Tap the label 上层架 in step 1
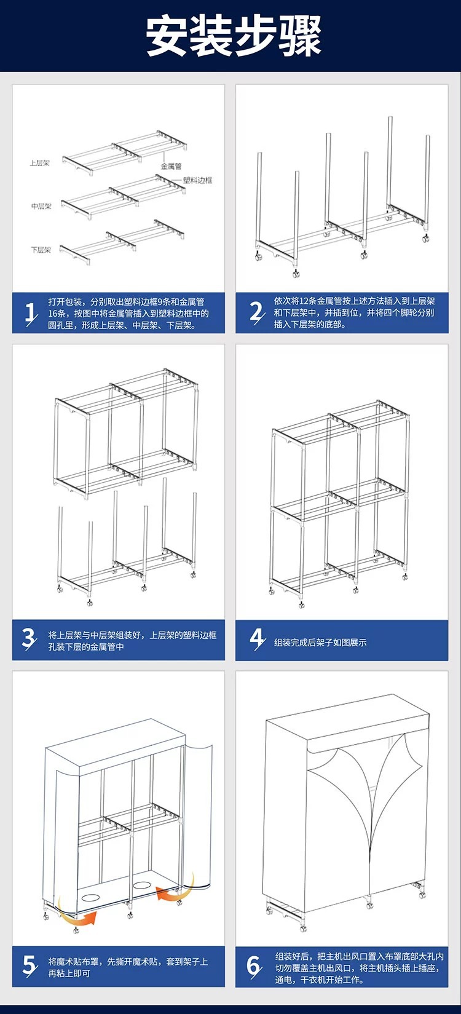[39, 164]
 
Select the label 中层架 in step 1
[41, 206]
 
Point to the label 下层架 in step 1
[41, 250]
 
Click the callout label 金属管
[171, 166]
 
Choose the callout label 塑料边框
[197, 180]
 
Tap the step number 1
[30, 312]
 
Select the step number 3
[28, 640]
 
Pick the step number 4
[256, 640]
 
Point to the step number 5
[29, 964]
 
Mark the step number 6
[254, 964]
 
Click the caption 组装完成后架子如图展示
[320, 643]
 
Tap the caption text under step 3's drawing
[132, 641]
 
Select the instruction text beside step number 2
[353, 312]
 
